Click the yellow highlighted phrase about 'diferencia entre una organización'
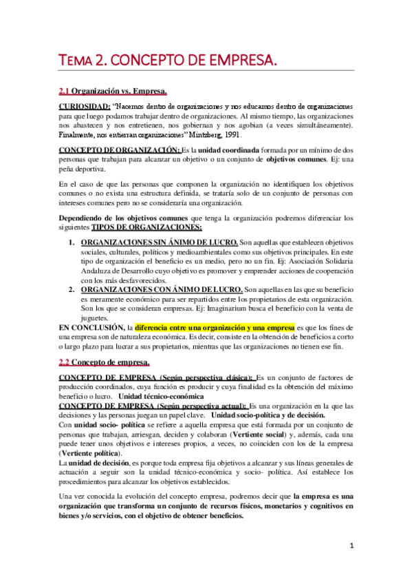click(215, 328)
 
